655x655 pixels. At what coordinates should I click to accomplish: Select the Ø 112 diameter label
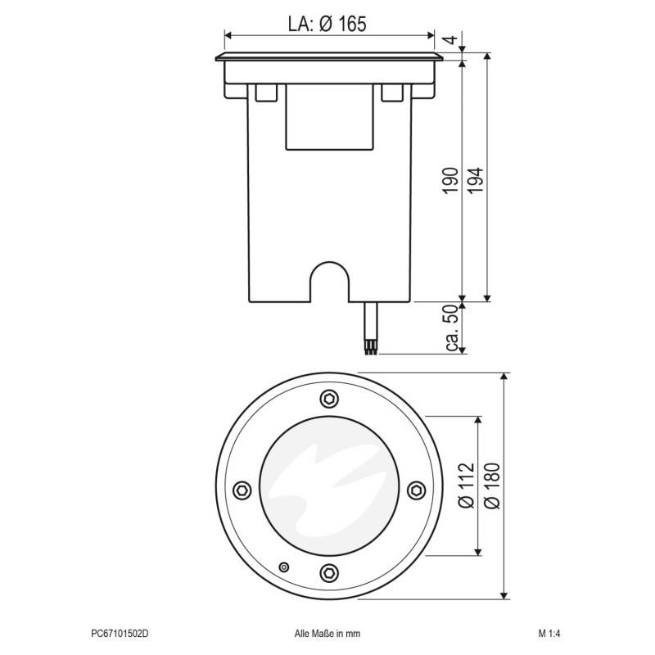[x=464, y=488]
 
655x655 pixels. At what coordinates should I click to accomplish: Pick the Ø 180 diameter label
[x=491, y=488]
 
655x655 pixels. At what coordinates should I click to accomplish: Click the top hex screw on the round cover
[x=328, y=399]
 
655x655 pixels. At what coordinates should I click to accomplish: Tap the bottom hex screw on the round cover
[x=328, y=572]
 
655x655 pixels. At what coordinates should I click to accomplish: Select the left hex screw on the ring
[x=242, y=489]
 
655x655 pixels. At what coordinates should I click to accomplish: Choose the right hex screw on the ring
[x=415, y=489]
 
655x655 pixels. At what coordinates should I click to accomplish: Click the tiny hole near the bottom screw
[x=284, y=567]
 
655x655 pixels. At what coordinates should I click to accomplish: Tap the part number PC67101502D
[x=120, y=633]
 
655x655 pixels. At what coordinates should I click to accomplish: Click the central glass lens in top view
[x=328, y=488]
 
